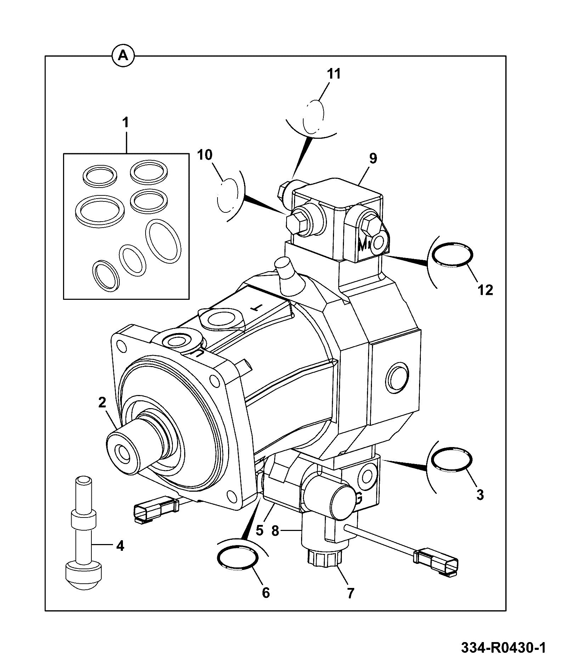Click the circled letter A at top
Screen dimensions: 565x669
pos(123,56)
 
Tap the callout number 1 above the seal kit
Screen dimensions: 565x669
pos(125,123)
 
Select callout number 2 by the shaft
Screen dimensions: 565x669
pos(102,402)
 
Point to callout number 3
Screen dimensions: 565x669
pos(480,495)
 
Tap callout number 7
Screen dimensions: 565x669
pos(350,593)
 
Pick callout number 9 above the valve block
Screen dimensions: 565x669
pos(373,158)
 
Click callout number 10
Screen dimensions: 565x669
pos(205,155)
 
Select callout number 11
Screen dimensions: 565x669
pos(333,74)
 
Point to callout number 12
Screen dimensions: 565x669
pos(485,290)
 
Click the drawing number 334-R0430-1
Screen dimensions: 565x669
pos(503,648)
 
